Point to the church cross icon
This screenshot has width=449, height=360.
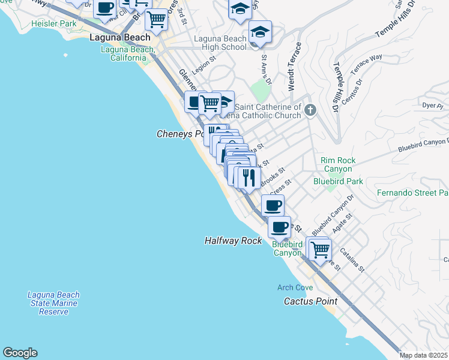[x=310, y=110]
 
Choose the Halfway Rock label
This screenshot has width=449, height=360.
[x=233, y=241]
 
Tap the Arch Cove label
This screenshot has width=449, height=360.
[x=295, y=288]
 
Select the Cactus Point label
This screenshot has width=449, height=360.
[x=310, y=301]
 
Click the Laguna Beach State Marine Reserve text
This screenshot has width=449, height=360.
[x=53, y=304]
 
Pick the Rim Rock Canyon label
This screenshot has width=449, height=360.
[x=338, y=165]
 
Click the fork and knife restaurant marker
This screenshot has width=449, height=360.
[x=249, y=178]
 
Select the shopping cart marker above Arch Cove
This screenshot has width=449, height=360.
[x=319, y=248]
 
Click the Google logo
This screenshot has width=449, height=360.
[x=20, y=353]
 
